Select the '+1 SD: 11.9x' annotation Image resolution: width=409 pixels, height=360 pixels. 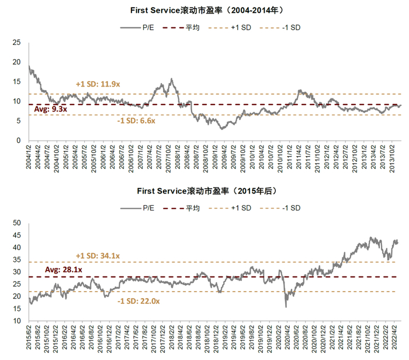click(98, 85)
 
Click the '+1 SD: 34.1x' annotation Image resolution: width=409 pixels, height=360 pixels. click(98, 255)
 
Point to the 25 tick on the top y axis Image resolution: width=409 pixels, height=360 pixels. click(16, 42)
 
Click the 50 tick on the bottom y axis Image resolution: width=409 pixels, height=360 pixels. click(16, 223)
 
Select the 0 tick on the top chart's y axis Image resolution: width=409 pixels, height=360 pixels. click(18, 140)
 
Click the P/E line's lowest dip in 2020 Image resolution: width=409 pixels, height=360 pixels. click(286, 307)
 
